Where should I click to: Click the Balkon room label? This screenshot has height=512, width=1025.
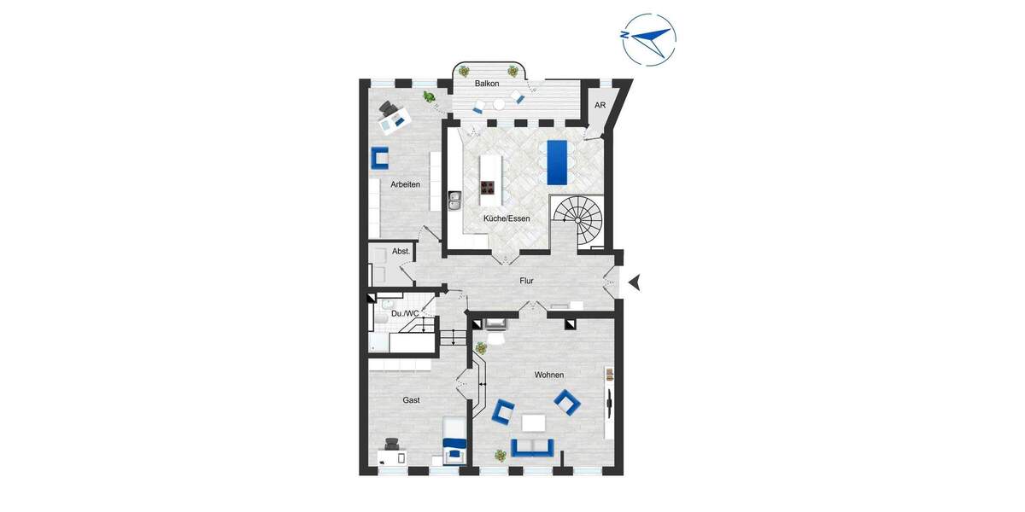point(487,84)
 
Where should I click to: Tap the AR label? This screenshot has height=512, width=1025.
point(600,105)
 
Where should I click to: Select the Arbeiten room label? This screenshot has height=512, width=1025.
point(405,184)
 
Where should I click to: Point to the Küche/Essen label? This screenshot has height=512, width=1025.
point(507,218)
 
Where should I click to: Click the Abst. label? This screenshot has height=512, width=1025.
point(401,252)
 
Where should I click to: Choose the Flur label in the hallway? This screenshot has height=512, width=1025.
point(527,280)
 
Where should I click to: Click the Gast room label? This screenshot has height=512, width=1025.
point(411,399)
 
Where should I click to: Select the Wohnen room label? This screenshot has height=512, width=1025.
point(549,375)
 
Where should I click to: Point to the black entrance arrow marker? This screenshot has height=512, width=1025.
point(634,282)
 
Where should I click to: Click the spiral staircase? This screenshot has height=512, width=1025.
point(577,219)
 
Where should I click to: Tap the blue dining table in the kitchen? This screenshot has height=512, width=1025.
point(555,161)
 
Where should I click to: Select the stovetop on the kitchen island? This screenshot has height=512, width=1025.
point(489,188)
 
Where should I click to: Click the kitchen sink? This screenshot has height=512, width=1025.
point(454,201)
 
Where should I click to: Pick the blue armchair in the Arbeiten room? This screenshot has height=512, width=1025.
point(380,158)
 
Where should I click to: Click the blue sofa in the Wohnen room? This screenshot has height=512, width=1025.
point(532,447)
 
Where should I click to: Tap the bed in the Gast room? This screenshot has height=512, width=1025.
point(454,439)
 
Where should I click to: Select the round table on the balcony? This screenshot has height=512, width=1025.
point(499,104)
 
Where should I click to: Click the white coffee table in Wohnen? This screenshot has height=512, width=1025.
point(535,422)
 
